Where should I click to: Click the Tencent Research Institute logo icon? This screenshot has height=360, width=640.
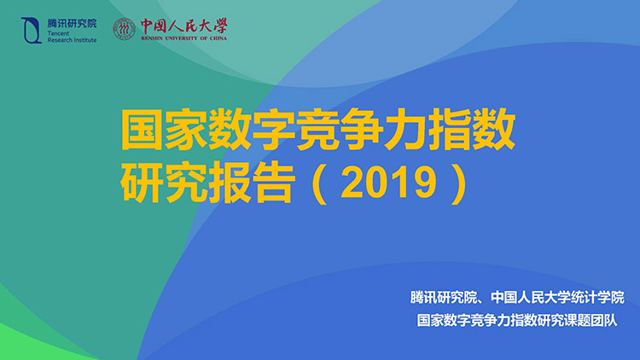32,30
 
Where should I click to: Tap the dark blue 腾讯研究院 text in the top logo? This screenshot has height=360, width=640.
73,24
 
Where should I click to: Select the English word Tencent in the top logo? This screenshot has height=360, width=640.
58,33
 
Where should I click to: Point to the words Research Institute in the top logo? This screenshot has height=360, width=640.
73,40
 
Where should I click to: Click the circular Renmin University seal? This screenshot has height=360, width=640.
124,29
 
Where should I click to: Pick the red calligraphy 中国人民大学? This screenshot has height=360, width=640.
184,26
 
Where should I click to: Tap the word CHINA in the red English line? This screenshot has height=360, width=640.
218,38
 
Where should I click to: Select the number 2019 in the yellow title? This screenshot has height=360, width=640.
388,183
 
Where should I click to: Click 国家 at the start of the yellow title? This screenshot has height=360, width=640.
165,129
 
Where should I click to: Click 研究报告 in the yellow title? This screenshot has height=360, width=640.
207,183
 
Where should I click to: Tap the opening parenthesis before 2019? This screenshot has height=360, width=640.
319,183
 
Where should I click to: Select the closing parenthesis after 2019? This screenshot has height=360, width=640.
459,183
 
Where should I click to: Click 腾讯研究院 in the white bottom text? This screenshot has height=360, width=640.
444,298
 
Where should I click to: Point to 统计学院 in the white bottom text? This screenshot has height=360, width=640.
598,298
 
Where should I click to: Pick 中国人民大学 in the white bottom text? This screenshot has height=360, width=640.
531,298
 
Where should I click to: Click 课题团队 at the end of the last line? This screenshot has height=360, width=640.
591,321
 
